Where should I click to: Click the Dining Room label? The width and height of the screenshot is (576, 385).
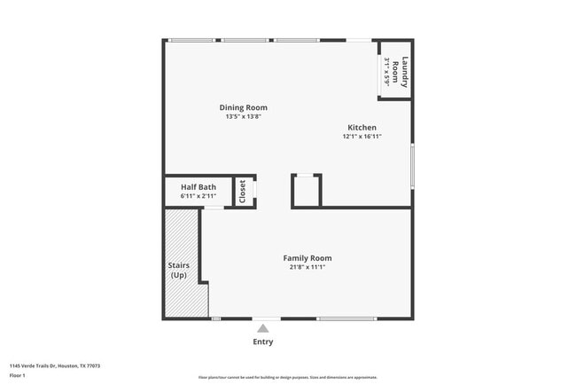[243, 108]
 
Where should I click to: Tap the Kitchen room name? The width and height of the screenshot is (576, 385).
[362, 128]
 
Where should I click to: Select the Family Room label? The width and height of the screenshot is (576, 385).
[307, 258]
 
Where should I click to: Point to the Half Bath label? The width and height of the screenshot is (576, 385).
[198, 187]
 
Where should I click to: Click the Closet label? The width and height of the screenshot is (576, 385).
[243, 192]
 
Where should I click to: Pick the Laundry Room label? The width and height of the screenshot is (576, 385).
[402, 72]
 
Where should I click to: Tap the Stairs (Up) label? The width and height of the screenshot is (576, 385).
[179, 270]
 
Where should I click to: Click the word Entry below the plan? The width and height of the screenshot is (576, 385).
[263, 342]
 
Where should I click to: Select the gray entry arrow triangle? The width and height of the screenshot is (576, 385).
[263, 328]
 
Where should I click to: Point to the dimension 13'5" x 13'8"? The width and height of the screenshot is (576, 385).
[243, 117]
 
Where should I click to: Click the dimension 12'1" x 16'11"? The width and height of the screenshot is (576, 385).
[362, 137]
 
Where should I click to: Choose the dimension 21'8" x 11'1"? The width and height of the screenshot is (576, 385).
[307, 267]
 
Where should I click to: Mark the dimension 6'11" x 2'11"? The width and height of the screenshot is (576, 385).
[198, 196]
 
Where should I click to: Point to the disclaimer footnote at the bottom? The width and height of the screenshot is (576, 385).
[287, 377]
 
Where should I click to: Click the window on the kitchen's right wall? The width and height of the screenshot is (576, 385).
[412, 165]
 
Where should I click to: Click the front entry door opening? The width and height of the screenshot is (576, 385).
[266, 318]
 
